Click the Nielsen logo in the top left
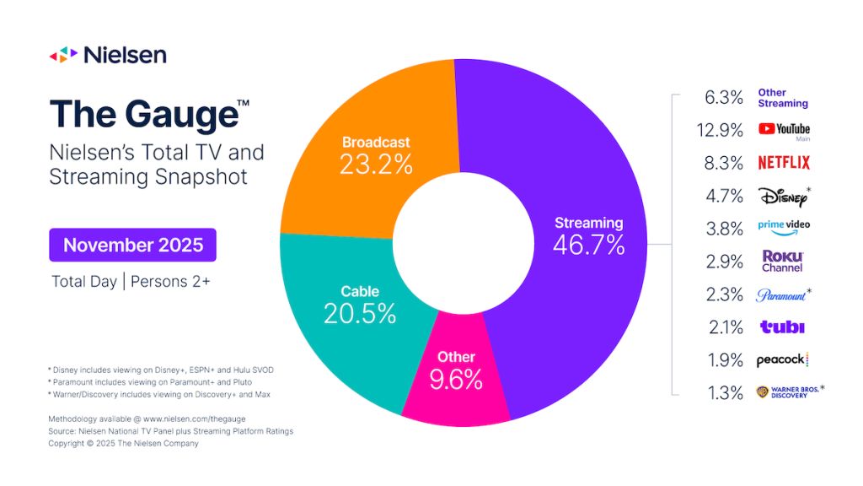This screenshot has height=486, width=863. [x=107, y=56]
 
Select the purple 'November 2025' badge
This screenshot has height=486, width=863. [x=132, y=245]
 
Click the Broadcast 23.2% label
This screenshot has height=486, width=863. [x=376, y=154]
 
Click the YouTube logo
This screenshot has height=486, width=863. [x=784, y=129]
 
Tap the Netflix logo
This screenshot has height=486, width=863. [x=784, y=162]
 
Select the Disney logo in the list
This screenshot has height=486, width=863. [x=784, y=196]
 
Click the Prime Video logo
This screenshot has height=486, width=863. [x=784, y=228]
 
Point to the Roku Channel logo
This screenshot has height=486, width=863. [x=782, y=261]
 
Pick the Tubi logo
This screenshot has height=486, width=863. [x=782, y=327]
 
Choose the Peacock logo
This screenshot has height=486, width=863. [x=783, y=359]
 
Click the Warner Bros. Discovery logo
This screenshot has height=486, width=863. [x=788, y=391]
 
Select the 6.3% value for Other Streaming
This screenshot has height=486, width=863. [x=723, y=97]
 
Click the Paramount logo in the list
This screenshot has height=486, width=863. [x=784, y=294]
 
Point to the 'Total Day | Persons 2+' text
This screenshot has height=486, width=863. [x=131, y=282]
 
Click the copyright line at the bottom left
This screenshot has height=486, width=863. [x=123, y=443]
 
